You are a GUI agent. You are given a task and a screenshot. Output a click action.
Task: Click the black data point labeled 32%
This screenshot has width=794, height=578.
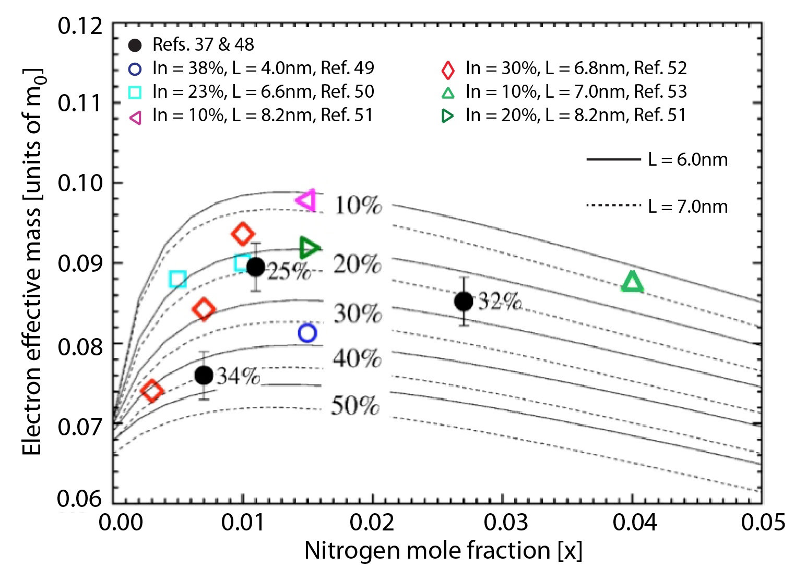coord(464,301)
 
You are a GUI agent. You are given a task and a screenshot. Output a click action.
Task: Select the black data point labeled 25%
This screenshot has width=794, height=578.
coord(255,267)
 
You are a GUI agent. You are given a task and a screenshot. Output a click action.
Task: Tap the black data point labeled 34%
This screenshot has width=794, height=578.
coord(204,375)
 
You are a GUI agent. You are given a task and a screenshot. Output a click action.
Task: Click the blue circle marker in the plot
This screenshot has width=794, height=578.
coord(307,332)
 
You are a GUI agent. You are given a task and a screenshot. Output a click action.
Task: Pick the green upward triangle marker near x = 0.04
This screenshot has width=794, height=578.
coord(632,282)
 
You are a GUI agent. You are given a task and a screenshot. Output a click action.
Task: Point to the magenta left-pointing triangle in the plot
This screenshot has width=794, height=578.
coord(306,200)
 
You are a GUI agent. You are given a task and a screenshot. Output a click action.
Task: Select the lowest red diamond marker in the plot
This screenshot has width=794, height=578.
coord(152,390)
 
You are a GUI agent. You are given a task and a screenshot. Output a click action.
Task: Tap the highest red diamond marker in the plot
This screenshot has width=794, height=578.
coord(242,234)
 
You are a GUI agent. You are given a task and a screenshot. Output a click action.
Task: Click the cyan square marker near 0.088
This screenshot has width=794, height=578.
coord(177,280)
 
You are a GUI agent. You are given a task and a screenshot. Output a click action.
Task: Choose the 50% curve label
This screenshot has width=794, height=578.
coord(355,406)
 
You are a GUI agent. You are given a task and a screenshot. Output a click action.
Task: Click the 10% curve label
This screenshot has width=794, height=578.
coord(358,205)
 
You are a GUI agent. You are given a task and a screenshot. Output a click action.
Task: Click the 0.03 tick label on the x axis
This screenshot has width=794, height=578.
coord(505,522)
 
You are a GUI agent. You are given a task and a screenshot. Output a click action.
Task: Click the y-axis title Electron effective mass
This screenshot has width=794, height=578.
coord(32,261)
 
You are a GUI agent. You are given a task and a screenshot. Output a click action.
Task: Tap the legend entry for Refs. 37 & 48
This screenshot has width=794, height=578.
coord(203,45)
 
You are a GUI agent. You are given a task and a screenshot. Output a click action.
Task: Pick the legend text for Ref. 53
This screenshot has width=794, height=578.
coord(576,91)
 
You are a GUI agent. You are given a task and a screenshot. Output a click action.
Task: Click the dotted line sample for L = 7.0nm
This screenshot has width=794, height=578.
coord(613,205)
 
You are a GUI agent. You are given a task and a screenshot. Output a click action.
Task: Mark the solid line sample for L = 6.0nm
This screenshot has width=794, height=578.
coord(613,159)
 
